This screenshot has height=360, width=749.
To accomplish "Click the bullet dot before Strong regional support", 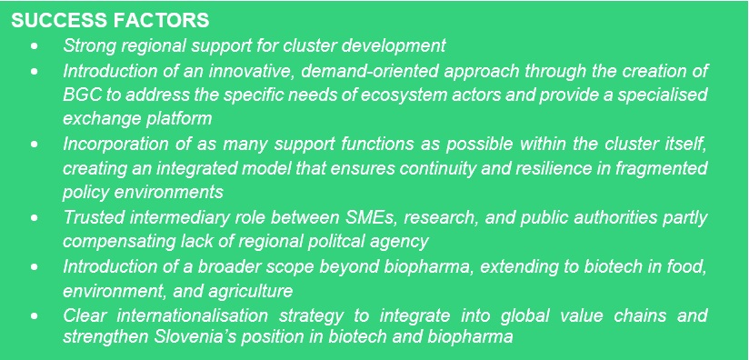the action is pyautogui.click(x=35, y=45).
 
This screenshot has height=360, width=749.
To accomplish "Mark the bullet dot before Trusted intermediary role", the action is pyautogui.click(x=35, y=216).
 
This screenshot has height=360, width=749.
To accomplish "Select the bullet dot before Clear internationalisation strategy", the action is pyautogui.click(x=35, y=315).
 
